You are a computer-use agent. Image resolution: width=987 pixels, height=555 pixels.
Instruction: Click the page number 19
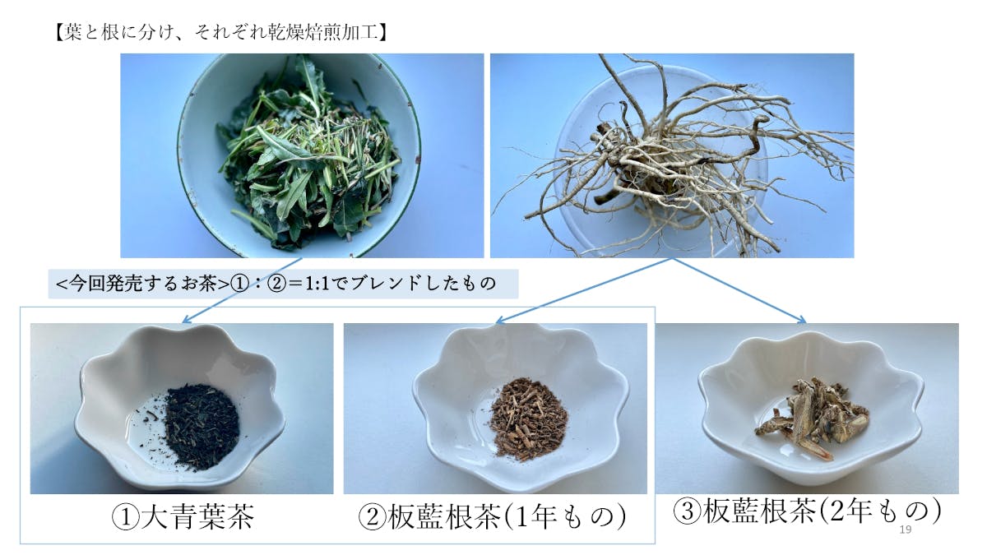tap(905, 530)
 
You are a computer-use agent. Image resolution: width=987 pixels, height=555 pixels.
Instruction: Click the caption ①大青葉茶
tap(183, 517)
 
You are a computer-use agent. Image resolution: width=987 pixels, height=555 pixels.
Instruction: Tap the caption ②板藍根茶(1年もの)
tap(492, 517)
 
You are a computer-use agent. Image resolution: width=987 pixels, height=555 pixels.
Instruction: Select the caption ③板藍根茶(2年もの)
tap(807, 511)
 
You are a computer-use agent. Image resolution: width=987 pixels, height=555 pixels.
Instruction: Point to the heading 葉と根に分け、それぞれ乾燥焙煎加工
tap(220, 33)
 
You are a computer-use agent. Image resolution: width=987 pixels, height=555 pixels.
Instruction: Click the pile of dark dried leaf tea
tap(202, 427)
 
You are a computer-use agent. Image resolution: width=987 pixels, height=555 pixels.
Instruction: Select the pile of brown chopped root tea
tap(528, 419)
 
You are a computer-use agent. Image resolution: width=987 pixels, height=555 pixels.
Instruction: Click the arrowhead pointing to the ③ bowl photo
tap(802, 320)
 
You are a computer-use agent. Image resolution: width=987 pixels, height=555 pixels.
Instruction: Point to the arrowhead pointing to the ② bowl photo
tap(501, 321)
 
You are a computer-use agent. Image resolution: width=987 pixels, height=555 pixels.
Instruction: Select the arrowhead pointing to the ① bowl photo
tap(187, 320)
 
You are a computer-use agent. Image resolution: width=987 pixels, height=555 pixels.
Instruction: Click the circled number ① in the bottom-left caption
tap(126, 517)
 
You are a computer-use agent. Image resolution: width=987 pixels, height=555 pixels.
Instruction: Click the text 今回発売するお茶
tap(143, 283)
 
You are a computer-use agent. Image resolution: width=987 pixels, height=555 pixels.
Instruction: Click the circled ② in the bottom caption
tap(373, 517)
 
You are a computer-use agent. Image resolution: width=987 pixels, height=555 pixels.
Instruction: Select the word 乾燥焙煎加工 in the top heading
tap(324, 33)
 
